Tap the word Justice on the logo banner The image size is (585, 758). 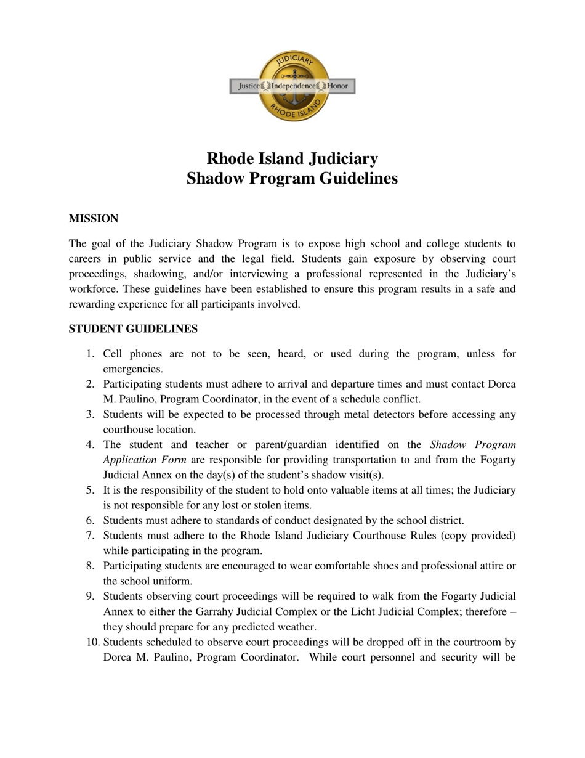tap(249, 86)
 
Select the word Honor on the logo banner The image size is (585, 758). tap(337, 86)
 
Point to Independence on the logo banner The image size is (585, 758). tap(293, 86)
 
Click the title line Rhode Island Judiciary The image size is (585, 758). tap(292, 159)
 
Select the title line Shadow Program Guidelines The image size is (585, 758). tap(292, 179)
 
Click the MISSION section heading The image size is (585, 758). tap(93, 219)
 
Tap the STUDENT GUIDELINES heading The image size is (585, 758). tap(133, 329)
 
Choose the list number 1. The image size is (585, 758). tap(90, 354)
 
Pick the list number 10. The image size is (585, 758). tap(92, 642)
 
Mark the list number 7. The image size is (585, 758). tap(90, 536)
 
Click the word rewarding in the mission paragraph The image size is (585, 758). tap(92, 304)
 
